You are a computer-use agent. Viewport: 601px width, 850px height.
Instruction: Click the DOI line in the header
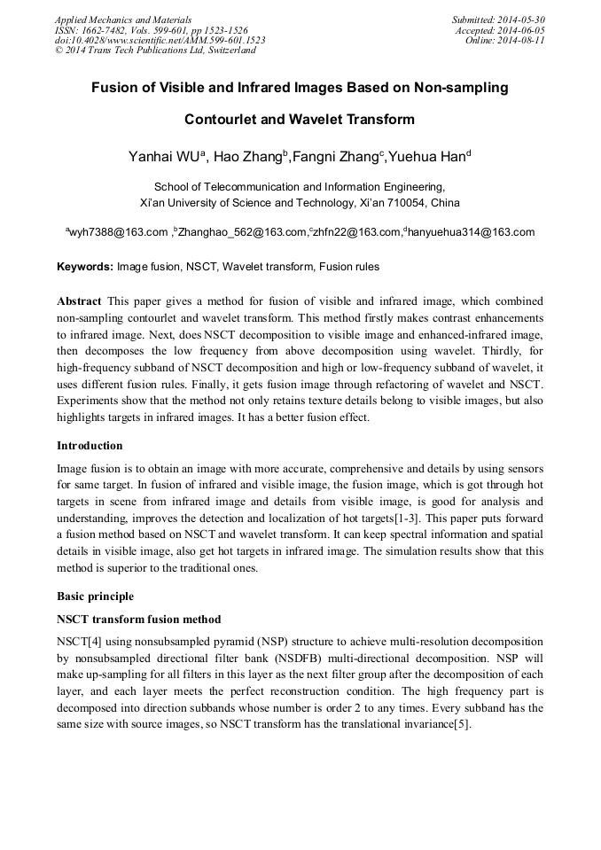160,41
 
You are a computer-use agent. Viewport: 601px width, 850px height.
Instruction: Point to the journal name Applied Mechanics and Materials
123,19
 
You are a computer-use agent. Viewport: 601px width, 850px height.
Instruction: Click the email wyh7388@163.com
118,232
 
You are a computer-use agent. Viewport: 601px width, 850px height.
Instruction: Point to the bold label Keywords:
85,267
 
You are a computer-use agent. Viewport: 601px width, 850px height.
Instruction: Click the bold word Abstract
79,301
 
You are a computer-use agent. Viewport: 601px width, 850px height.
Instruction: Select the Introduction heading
90,445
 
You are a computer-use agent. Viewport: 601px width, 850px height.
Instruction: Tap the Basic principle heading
95,597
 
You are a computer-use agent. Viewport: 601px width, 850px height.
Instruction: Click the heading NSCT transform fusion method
138,619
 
